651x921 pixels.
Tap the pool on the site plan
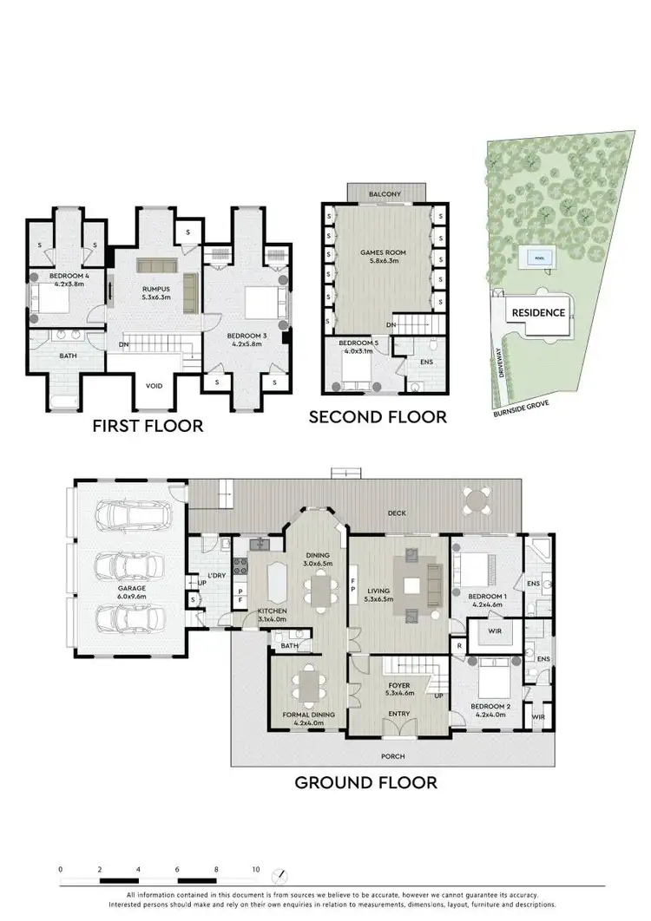coord(530,258)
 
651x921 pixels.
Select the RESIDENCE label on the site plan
coord(538,313)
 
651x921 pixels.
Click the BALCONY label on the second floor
coord(385,194)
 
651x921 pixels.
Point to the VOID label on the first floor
coord(155,387)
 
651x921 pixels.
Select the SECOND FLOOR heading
coord(378,417)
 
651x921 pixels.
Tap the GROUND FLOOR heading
coord(365,782)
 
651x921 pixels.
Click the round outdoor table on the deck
coord(474,500)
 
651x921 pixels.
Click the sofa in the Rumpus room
coord(156,266)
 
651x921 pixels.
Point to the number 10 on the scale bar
coord(255,869)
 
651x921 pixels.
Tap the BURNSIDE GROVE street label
coord(519,408)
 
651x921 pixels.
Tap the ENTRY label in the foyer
coord(398,714)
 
